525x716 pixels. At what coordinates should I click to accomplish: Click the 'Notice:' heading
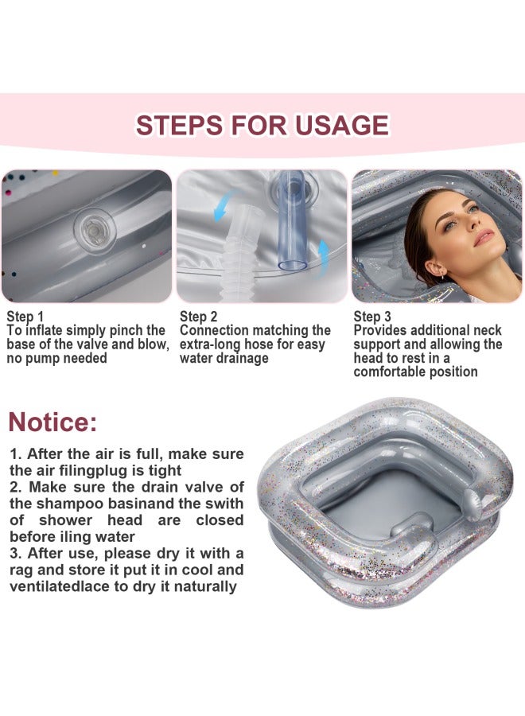click(x=52, y=422)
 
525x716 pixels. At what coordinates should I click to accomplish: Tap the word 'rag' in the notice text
click(x=21, y=570)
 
